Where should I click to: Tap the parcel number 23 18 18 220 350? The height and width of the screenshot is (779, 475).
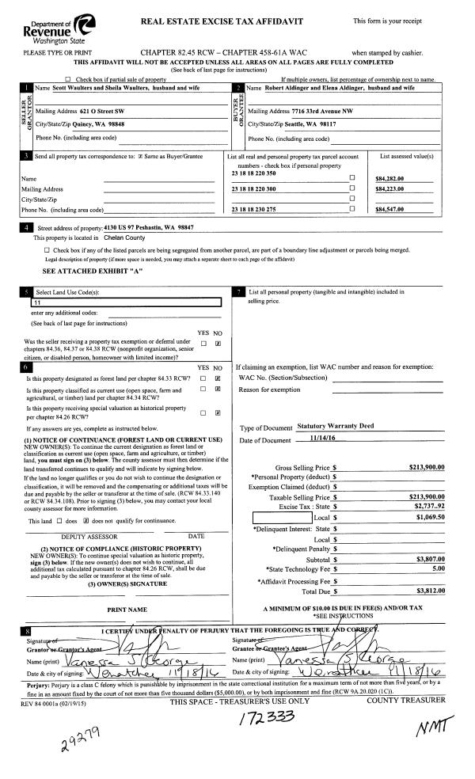click(253, 173)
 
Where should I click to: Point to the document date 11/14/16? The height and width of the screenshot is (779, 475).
click(316, 440)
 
